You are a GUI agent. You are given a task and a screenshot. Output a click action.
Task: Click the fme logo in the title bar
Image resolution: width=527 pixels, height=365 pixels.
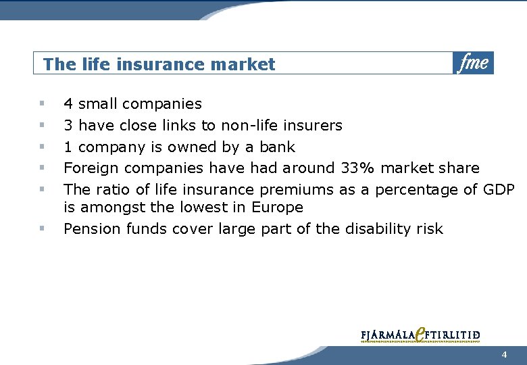(x=473, y=63)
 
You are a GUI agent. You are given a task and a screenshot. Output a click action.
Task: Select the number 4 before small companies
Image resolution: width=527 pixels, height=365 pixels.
(x=68, y=103)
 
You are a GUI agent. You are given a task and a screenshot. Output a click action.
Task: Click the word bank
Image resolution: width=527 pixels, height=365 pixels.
(x=277, y=147)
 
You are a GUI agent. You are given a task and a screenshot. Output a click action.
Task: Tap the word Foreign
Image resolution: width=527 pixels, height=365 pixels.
(x=91, y=168)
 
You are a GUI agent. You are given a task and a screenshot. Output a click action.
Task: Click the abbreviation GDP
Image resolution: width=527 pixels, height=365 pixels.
(x=499, y=189)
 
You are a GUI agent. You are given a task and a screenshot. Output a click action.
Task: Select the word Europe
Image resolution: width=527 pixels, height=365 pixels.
(x=277, y=207)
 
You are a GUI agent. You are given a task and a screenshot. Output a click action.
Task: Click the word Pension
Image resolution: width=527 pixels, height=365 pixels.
(x=92, y=228)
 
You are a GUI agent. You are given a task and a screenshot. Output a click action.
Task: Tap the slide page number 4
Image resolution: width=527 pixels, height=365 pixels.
(x=504, y=354)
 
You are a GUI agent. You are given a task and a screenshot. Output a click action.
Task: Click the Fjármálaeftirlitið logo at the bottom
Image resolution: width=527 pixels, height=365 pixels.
(x=420, y=335)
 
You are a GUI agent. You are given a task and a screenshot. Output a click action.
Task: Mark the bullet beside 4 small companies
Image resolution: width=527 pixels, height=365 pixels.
(x=42, y=103)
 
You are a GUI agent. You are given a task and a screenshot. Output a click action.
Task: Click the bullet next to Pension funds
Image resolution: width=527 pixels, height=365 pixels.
(x=42, y=228)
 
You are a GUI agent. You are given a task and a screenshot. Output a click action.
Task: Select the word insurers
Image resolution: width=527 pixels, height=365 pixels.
(x=313, y=125)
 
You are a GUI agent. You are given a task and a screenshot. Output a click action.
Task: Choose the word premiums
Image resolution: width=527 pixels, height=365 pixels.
(x=296, y=190)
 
